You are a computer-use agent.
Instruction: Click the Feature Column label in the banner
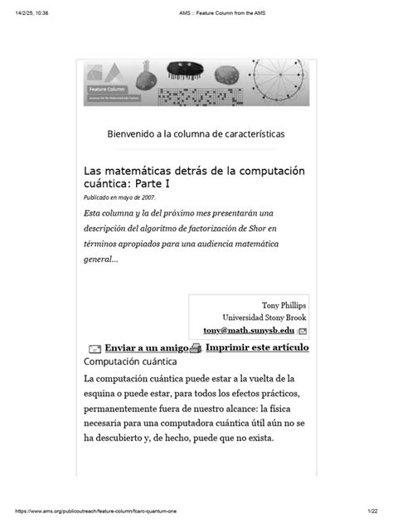pos(107,87)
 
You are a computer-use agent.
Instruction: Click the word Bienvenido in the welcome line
pos(136,133)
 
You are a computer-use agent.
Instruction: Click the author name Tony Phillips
pos(284,305)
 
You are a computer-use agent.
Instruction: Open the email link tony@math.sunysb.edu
pos(249,330)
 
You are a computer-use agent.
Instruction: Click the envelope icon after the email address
pos(303,331)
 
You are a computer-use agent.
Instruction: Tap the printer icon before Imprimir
pos(196,348)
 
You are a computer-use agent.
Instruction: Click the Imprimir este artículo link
pos(257,347)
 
